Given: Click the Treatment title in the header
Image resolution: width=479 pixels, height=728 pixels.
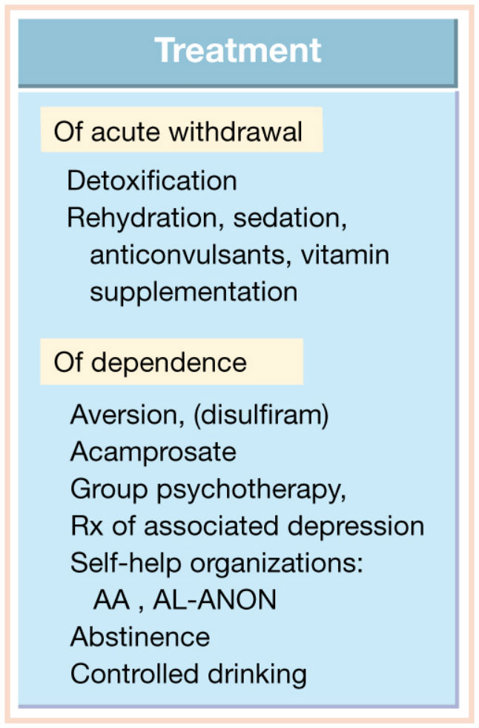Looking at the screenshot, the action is click(237, 50).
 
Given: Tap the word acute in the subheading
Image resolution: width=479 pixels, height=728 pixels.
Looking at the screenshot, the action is click(125, 132).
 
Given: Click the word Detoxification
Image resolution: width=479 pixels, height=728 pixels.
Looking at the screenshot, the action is click(151, 180).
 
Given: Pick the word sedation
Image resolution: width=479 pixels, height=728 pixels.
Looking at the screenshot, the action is click(290, 218).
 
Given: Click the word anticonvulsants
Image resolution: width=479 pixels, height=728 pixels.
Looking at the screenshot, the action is click(187, 255).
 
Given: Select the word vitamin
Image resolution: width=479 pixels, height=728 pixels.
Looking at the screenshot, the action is click(345, 255).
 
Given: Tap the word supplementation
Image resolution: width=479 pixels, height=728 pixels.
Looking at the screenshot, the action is click(194, 293).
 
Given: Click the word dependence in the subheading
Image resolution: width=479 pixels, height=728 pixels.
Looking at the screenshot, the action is click(169, 362).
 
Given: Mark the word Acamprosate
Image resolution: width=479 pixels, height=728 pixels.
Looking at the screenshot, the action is click(153, 452).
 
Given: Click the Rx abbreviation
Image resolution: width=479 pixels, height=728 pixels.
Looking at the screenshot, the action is click(87, 526).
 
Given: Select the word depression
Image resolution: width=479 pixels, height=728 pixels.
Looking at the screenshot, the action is click(356, 527).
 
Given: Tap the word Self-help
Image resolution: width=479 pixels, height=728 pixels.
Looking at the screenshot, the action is click(125, 564).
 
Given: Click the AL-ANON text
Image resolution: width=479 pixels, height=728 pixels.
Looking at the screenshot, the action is click(215, 600).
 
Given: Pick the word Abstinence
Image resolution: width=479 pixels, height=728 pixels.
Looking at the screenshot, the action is click(140, 636).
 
